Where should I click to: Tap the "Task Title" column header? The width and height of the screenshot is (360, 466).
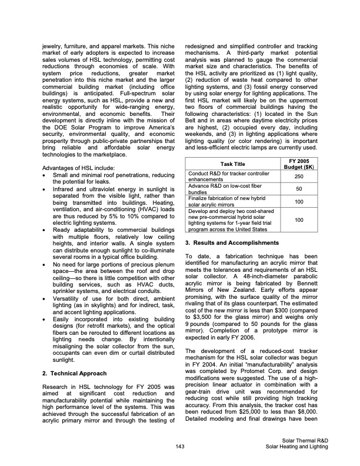pos(232,163)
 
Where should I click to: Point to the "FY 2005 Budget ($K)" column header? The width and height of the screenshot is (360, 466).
pos(298,163)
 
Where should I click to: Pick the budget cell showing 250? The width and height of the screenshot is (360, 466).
pos(298,177)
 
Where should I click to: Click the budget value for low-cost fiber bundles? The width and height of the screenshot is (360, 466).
pos(298,189)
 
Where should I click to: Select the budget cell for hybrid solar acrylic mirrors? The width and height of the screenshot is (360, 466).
pos(298,201)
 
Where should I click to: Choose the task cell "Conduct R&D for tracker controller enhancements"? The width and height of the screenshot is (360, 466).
pos(224,177)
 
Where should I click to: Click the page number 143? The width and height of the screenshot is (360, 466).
pos(181,447)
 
